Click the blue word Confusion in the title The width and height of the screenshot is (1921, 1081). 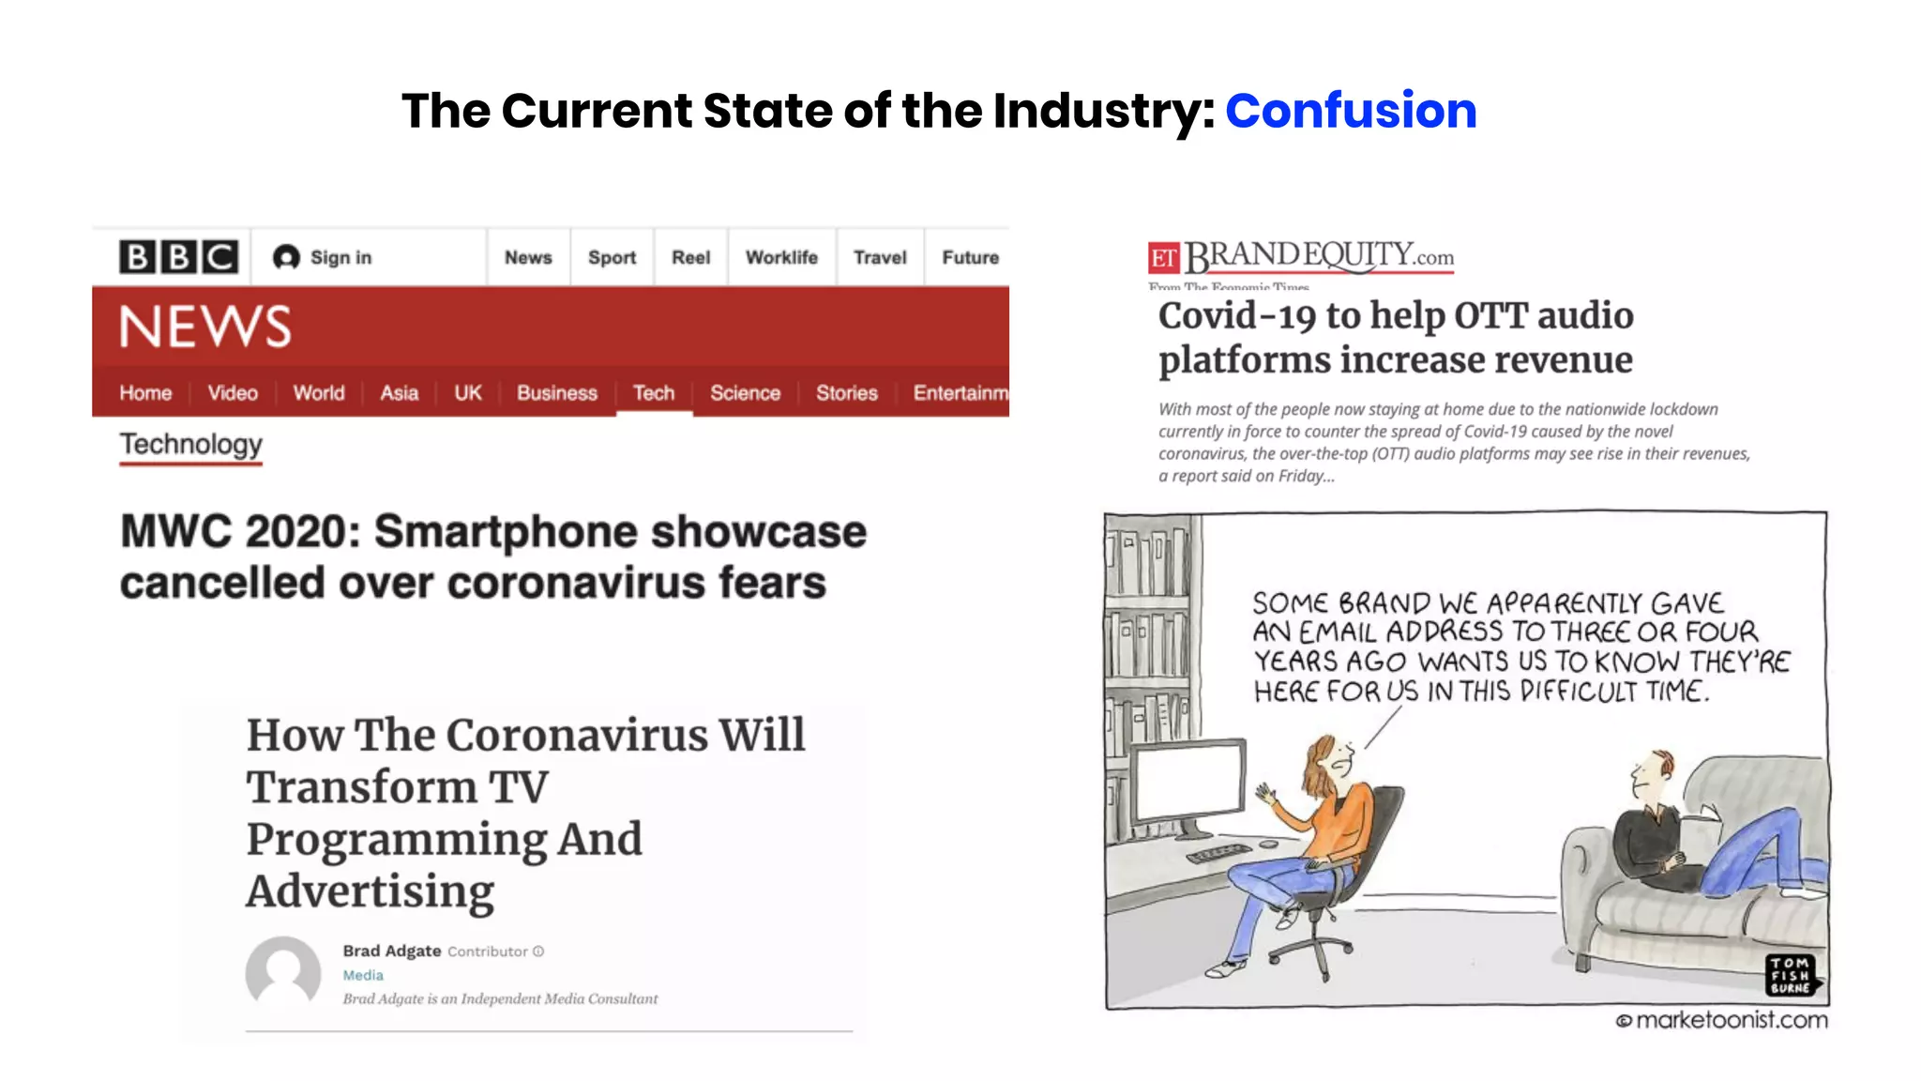tap(1351, 111)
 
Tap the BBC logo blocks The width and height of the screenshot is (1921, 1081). tap(178, 256)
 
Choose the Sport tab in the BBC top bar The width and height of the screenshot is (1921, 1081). tap(612, 257)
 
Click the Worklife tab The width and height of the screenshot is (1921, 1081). tap(781, 257)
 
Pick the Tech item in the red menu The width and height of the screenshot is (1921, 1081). tap(654, 392)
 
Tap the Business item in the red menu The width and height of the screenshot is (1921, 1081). tap(556, 392)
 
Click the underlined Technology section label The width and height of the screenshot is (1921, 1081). tap(190, 444)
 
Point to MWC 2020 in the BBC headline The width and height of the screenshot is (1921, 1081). tap(240, 532)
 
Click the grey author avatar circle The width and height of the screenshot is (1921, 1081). tap(283, 973)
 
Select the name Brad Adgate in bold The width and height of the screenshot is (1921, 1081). tap(391, 951)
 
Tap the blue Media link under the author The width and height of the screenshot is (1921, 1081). tap(363, 975)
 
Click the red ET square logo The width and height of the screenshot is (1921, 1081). tap(1163, 258)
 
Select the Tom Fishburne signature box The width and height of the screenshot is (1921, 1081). tap(1791, 975)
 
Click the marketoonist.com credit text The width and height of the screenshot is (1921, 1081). tap(1731, 1020)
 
